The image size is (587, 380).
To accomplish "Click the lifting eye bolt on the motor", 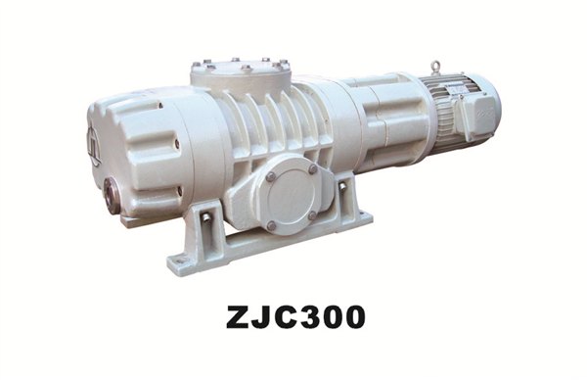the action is [x=435, y=67].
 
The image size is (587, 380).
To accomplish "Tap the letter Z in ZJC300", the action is [x=239, y=316].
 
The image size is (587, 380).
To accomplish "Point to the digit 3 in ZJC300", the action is [x=309, y=316].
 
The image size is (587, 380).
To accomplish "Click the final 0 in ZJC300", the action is [x=353, y=316].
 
